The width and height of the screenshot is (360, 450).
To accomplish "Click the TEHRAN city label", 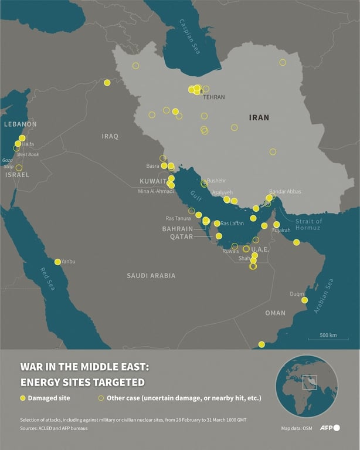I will pyautogui.click(x=214, y=97).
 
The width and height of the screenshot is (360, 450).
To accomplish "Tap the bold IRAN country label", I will pyautogui.click(x=259, y=117).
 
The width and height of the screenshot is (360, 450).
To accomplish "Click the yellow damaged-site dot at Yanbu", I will pyautogui.click(x=57, y=262).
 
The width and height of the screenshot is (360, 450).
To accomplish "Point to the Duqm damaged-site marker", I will pyautogui.click(x=304, y=300).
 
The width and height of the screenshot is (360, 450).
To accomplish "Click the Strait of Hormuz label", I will pyautogui.click(x=309, y=225).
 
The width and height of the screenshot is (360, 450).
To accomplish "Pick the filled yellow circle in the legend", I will pyautogui.click(x=23, y=398).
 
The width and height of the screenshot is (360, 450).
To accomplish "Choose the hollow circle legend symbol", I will pyautogui.click(x=101, y=398).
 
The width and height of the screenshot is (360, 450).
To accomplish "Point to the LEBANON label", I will pyautogui.click(x=20, y=124).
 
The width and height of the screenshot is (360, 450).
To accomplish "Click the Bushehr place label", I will pyautogui.click(x=216, y=180).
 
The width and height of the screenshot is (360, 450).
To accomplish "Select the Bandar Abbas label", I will pyautogui.click(x=285, y=191).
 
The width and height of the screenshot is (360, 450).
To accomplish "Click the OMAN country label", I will pyautogui.click(x=275, y=313).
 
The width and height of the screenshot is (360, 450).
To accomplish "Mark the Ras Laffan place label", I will pyautogui.click(x=232, y=224).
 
